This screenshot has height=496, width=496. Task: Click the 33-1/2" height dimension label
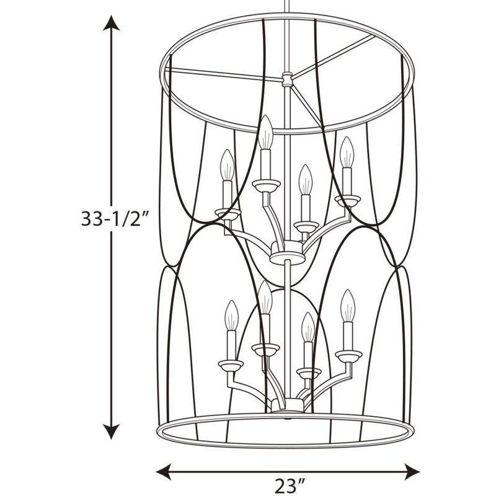115,218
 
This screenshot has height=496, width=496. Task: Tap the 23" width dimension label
290,485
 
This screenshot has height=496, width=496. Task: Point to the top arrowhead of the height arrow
111,23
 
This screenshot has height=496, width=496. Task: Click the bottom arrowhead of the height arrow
111,432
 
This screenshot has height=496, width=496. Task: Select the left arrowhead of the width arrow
164,472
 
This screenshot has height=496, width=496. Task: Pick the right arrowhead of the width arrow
412,472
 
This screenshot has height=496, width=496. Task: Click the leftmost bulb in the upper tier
227,165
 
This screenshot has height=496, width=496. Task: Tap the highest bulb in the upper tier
265,132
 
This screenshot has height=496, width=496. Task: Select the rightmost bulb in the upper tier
347,152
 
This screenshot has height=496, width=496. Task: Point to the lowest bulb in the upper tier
306,180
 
